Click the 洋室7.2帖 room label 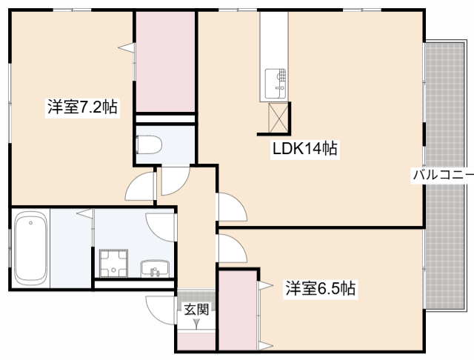pyautogui.click(x=82, y=107)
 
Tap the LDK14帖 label pyautogui.click(x=305, y=149)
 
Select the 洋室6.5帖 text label pyautogui.click(x=321, y=288)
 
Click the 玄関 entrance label pyautogui.click(x=196, y=309)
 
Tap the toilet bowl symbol pyautogui.click(x=149, y=143)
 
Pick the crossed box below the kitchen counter pyautogui.click(x=279, y=117)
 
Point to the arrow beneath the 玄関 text pyautogui.click(x=196, y=324)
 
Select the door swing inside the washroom pyautogui.click(x=161, y=223)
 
